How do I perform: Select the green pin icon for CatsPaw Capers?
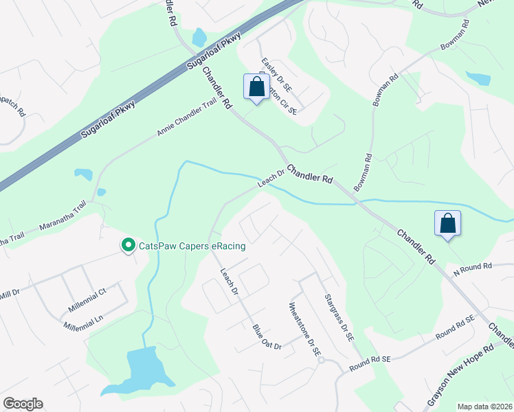pyautogui.click(x=127, y=244)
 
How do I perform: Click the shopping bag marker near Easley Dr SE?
pyautogui.click(x=256, y=87)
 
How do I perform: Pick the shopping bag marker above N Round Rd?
pyautogui.click(x=447, y=223)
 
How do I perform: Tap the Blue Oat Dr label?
pyautogui.click(x=267, y=337)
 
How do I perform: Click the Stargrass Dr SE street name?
pyautogui.click(x=339, y=318)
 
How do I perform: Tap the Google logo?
pyautogui.click(x=23, y=404)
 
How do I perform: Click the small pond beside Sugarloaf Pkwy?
pyautogui.click(x=199, y=36)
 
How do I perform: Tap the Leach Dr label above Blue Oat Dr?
pyautogui.click(x=229, y=282)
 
